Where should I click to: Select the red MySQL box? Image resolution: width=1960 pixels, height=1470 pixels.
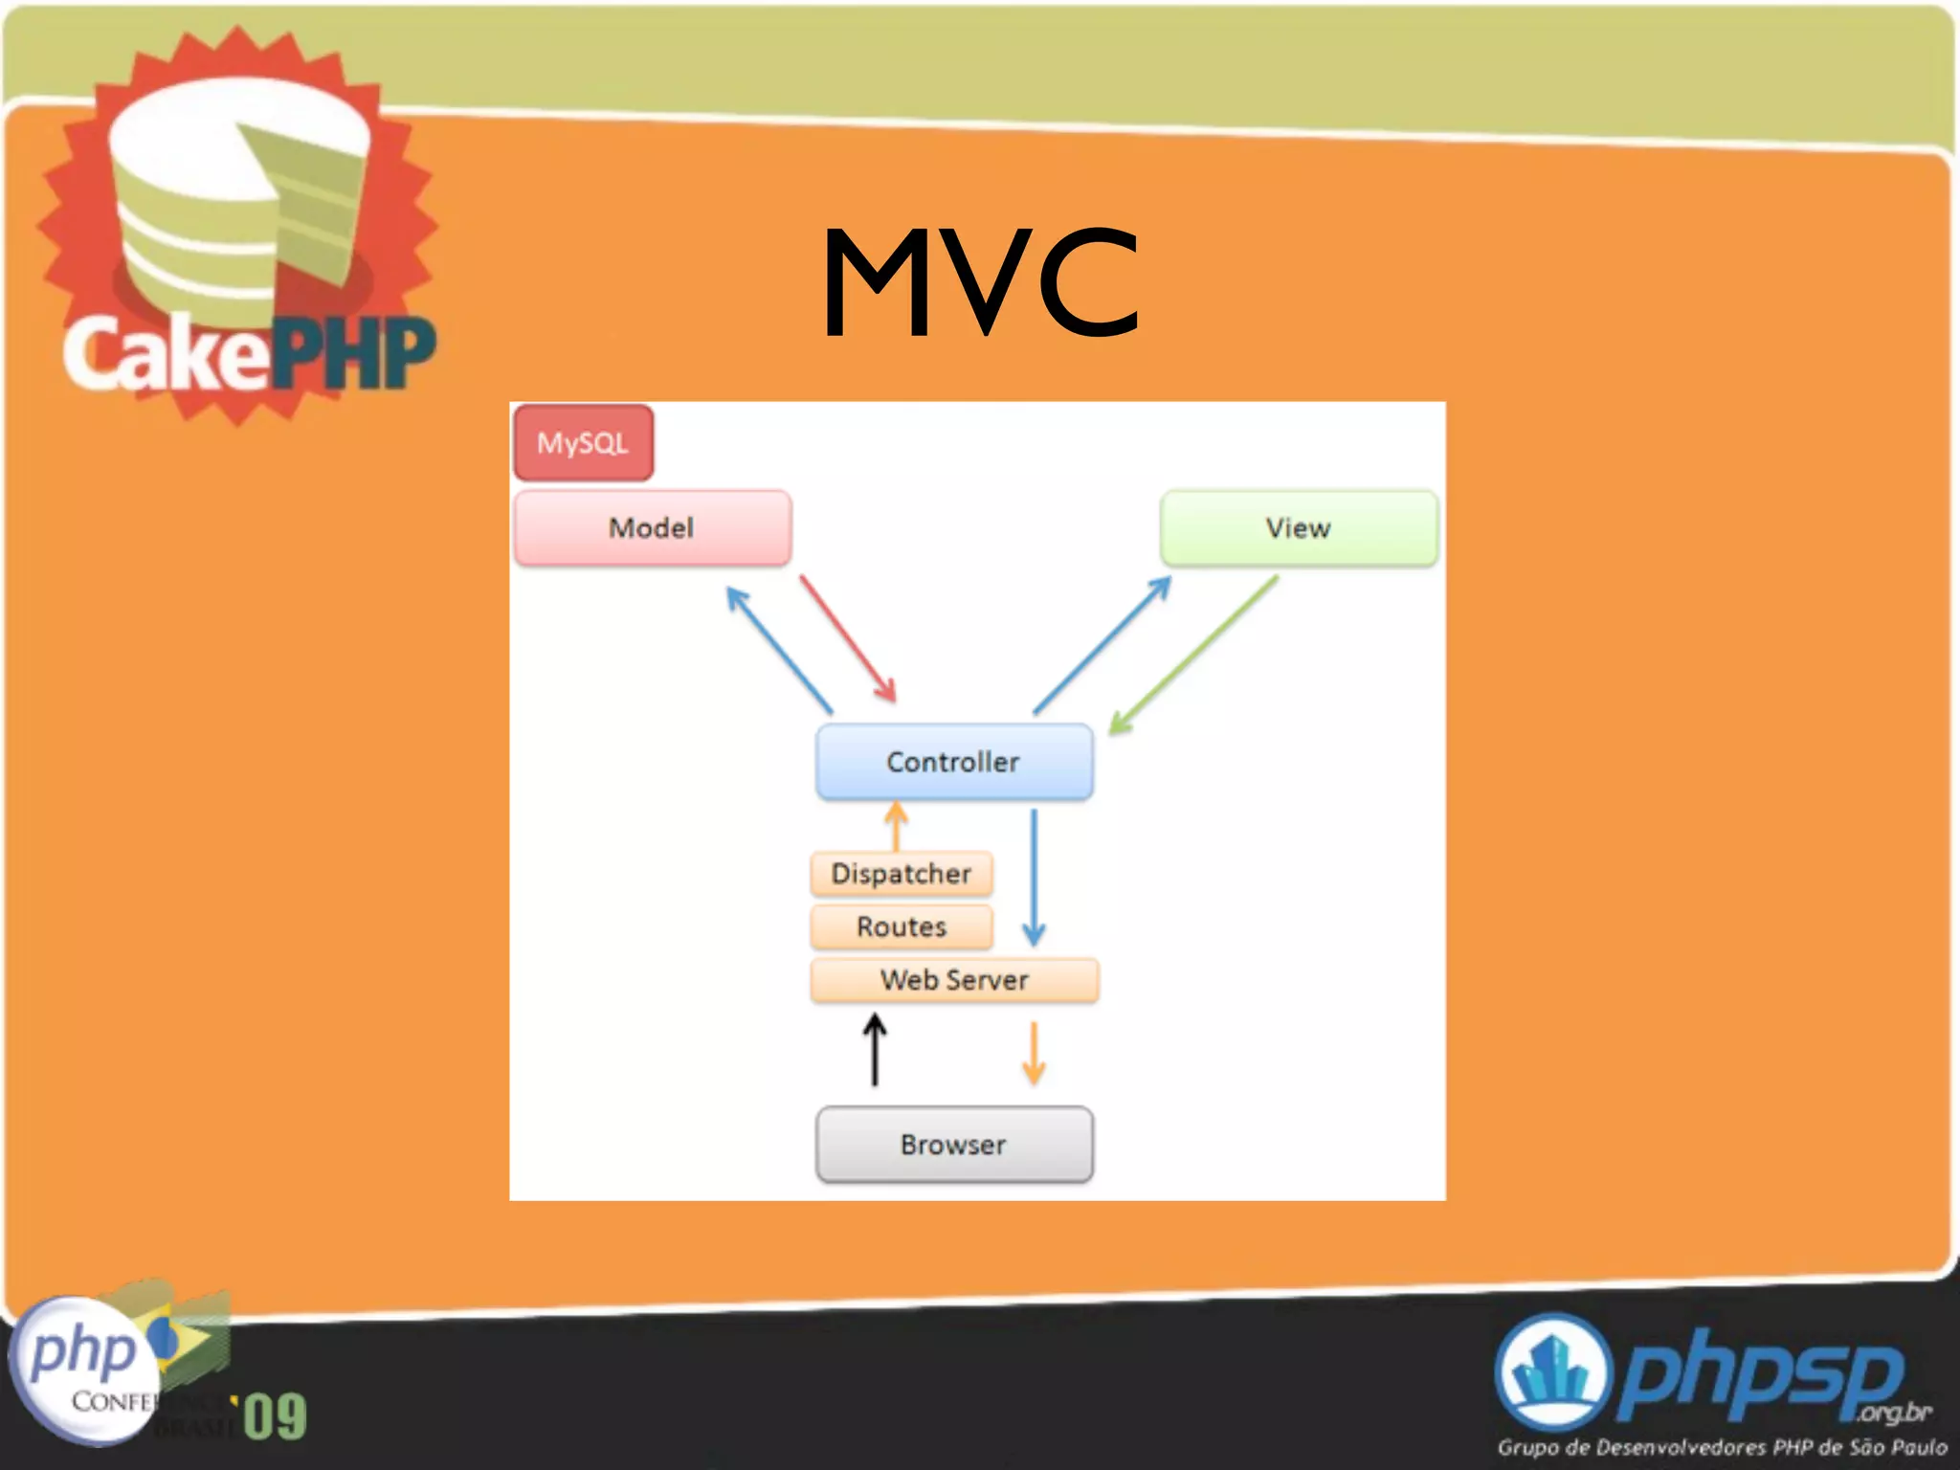(583, 442)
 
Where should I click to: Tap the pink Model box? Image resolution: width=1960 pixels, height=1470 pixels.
(652, 527)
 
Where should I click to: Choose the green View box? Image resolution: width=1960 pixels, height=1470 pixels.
(1298, 527)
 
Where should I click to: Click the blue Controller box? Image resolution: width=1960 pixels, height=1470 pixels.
(953, 762)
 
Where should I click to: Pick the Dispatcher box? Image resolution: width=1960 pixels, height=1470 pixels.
(901, 874)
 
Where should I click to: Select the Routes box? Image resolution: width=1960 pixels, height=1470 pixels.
(901, 926)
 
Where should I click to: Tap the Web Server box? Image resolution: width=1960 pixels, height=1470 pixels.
(954, 980)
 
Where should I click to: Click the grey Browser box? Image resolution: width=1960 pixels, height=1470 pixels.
(953, 1145)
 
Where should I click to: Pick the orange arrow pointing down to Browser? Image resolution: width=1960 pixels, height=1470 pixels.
(1034, 1053)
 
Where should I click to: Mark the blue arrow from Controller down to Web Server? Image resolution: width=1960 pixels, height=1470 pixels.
(1034, 876)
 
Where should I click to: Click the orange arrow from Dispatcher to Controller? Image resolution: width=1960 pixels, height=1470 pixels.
(896, 825)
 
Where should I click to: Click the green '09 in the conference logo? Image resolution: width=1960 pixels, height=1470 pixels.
(274, 1416)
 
